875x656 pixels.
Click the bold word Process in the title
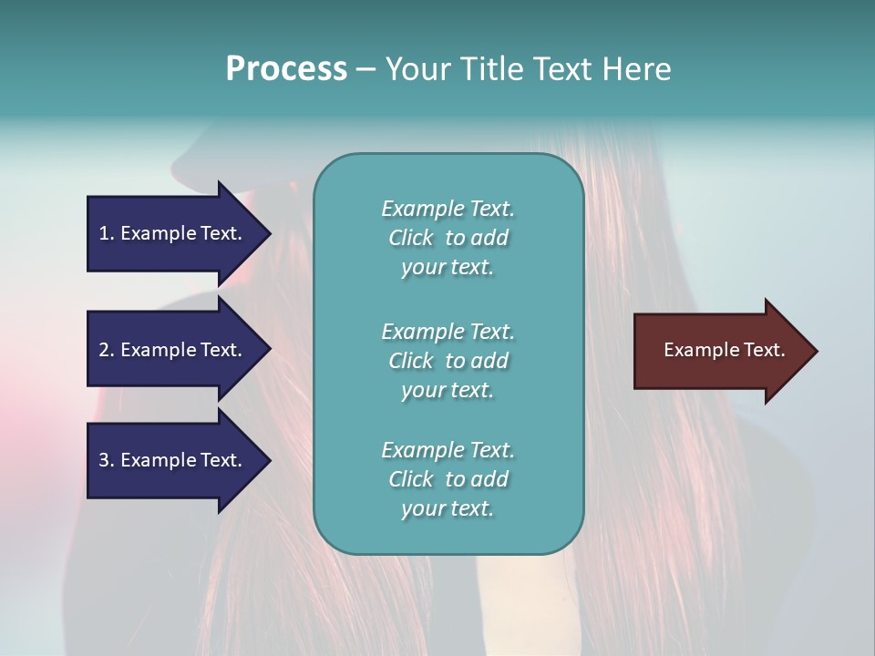[x=286, y=69]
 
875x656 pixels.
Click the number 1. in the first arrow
[x=107, y=233]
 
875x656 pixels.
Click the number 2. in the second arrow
[x=107, y=350]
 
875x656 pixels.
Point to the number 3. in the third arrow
[x=107, y=460]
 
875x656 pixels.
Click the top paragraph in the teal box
[x=448, y=238]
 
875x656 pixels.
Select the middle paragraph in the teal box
[x=448, y=361]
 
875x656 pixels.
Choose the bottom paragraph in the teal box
[x=448, y=479]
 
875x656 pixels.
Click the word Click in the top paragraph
[x=410, y=238]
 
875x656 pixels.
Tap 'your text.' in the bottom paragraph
[x=448, y=508]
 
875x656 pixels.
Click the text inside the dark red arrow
[x=724, y=350]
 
